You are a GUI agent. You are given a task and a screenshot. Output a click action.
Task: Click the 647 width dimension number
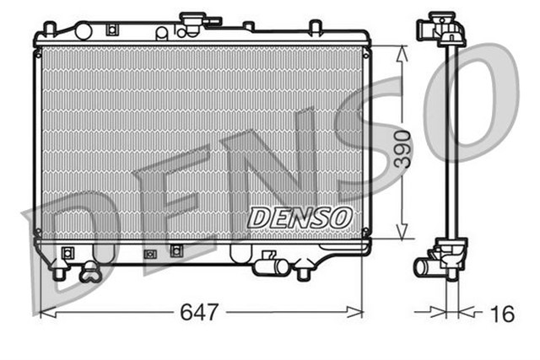coord(200,313)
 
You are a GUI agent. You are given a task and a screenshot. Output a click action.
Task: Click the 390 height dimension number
coord(405,150)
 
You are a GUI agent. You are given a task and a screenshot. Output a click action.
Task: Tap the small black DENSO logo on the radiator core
coord(300,217)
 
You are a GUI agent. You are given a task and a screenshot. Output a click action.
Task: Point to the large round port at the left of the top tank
coord(83,31)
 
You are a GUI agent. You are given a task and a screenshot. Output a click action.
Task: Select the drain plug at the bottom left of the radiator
coord(89,271)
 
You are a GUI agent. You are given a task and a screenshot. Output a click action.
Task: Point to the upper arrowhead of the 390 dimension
coord(402,51)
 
